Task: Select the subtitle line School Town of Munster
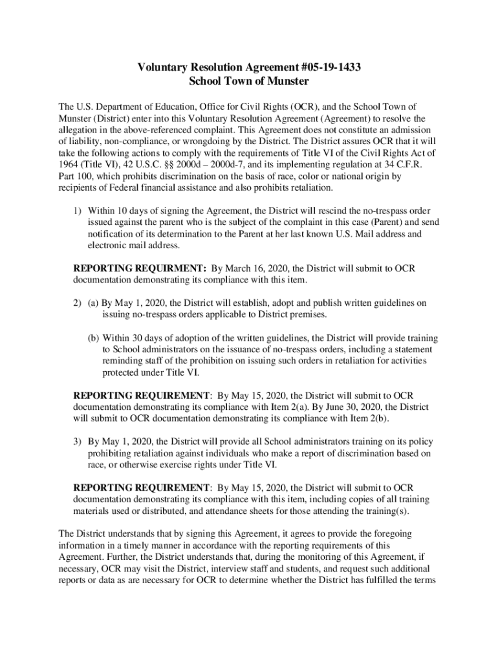[249, 81]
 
